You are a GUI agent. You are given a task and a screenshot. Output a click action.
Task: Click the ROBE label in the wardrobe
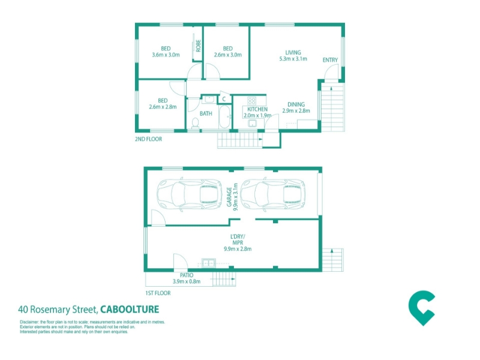click(x=199, y=46)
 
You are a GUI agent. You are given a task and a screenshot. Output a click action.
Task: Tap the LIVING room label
click(x=293, y=52)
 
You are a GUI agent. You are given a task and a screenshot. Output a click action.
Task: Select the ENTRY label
click(x=330, y=60)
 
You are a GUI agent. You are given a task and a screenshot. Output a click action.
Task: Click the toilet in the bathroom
click(x=195, y=123)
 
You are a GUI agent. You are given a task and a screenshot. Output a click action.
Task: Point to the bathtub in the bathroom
click(x=224, y=117)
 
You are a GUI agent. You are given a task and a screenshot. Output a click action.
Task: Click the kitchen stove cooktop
click(x=251, y=101)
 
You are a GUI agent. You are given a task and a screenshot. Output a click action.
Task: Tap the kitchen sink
click(x=252, y=124)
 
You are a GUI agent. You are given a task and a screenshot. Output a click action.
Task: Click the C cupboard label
click(x=224, y=99)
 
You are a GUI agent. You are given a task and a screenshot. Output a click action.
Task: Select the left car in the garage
click(x=190, y=194)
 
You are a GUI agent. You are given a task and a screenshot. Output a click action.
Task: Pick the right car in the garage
click(x=273, y=194)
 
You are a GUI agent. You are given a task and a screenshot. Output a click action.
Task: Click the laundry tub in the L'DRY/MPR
click(x=209, y=263)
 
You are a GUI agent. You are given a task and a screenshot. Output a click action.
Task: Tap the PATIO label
click(x=187, y=275)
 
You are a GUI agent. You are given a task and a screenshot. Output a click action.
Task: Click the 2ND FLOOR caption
click(x=148, y=139)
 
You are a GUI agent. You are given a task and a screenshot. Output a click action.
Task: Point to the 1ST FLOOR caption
click(x=158, y=293)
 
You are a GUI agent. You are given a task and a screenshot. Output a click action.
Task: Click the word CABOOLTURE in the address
click(x=130, y=309)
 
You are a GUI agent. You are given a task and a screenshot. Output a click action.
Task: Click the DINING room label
click(x=296, y=104)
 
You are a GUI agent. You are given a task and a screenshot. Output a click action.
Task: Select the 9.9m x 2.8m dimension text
click(x=238, y=249)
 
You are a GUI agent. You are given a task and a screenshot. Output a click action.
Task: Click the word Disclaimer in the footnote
click(x=29, y=322)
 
